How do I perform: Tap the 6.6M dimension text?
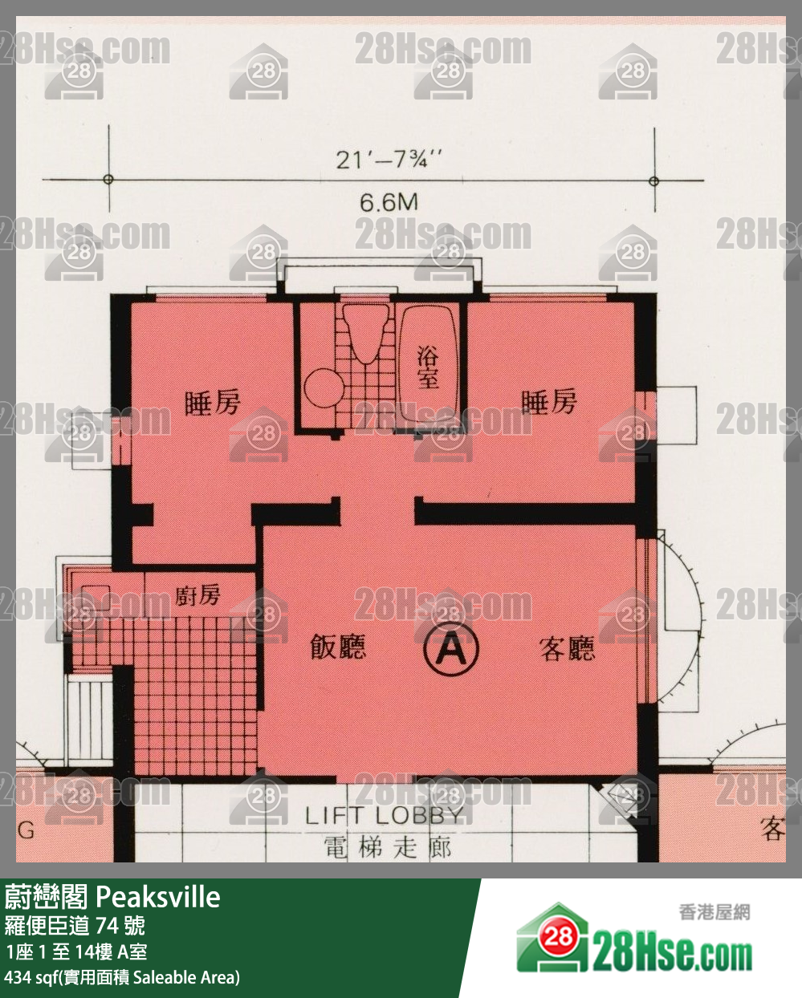point(389,201)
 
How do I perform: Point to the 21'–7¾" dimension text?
point(389,159)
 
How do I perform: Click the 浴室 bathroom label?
point(428,367)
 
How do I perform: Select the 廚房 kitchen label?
point(197,594)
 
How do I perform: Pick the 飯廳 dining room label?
point(338,647)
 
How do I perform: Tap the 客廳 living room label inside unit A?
point(567,649)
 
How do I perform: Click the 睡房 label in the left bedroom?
point(212,402)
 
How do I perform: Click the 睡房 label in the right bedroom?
point(548,401)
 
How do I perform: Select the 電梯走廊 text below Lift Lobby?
point(388,847)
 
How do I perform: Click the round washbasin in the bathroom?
point(324,387)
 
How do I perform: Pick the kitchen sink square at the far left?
point(96,596)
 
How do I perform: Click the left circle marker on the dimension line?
point(108,180)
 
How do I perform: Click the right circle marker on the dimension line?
point(653,181)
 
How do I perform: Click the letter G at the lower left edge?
point(26,830)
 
